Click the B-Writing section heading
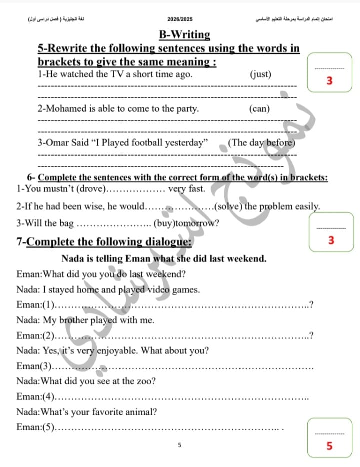click(x=184, y=35)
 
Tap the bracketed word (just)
click(x=260, y=74)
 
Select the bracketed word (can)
click(x=259, y=108)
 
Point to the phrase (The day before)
click(x=261, y=142)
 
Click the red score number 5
click(x=329, y=446)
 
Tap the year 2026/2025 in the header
click(x=180, y=19)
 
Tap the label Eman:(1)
click(x=35, y=304)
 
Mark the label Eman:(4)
click(x=35, y=397)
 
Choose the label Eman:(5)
click(x=35, y=428)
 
